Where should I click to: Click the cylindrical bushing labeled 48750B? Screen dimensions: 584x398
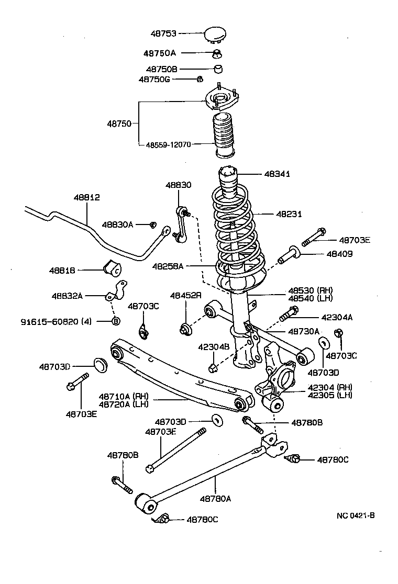tap(219, 69)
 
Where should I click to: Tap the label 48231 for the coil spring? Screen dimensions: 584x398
tap(289, 214)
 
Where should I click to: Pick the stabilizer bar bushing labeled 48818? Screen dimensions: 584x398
tap(113, 267)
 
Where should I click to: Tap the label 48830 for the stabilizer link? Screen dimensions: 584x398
tap(179, 185)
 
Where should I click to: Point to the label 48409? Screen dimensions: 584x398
tap(339, 254)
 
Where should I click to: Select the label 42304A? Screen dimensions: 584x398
tap(337, 317)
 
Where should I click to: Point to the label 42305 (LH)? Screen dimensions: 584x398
tap(329, 395)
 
